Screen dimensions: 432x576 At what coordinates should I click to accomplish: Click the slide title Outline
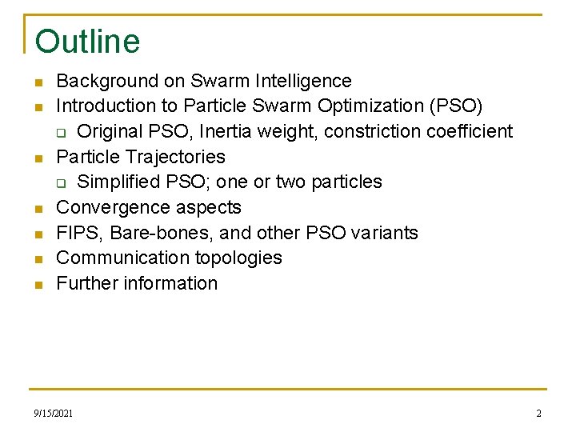click(87, 42)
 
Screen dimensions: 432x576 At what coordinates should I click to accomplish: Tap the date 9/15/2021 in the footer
click(54, 414)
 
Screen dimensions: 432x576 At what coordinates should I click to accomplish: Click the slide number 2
click(538, 414)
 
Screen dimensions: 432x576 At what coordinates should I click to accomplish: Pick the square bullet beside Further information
click(38, 285)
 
